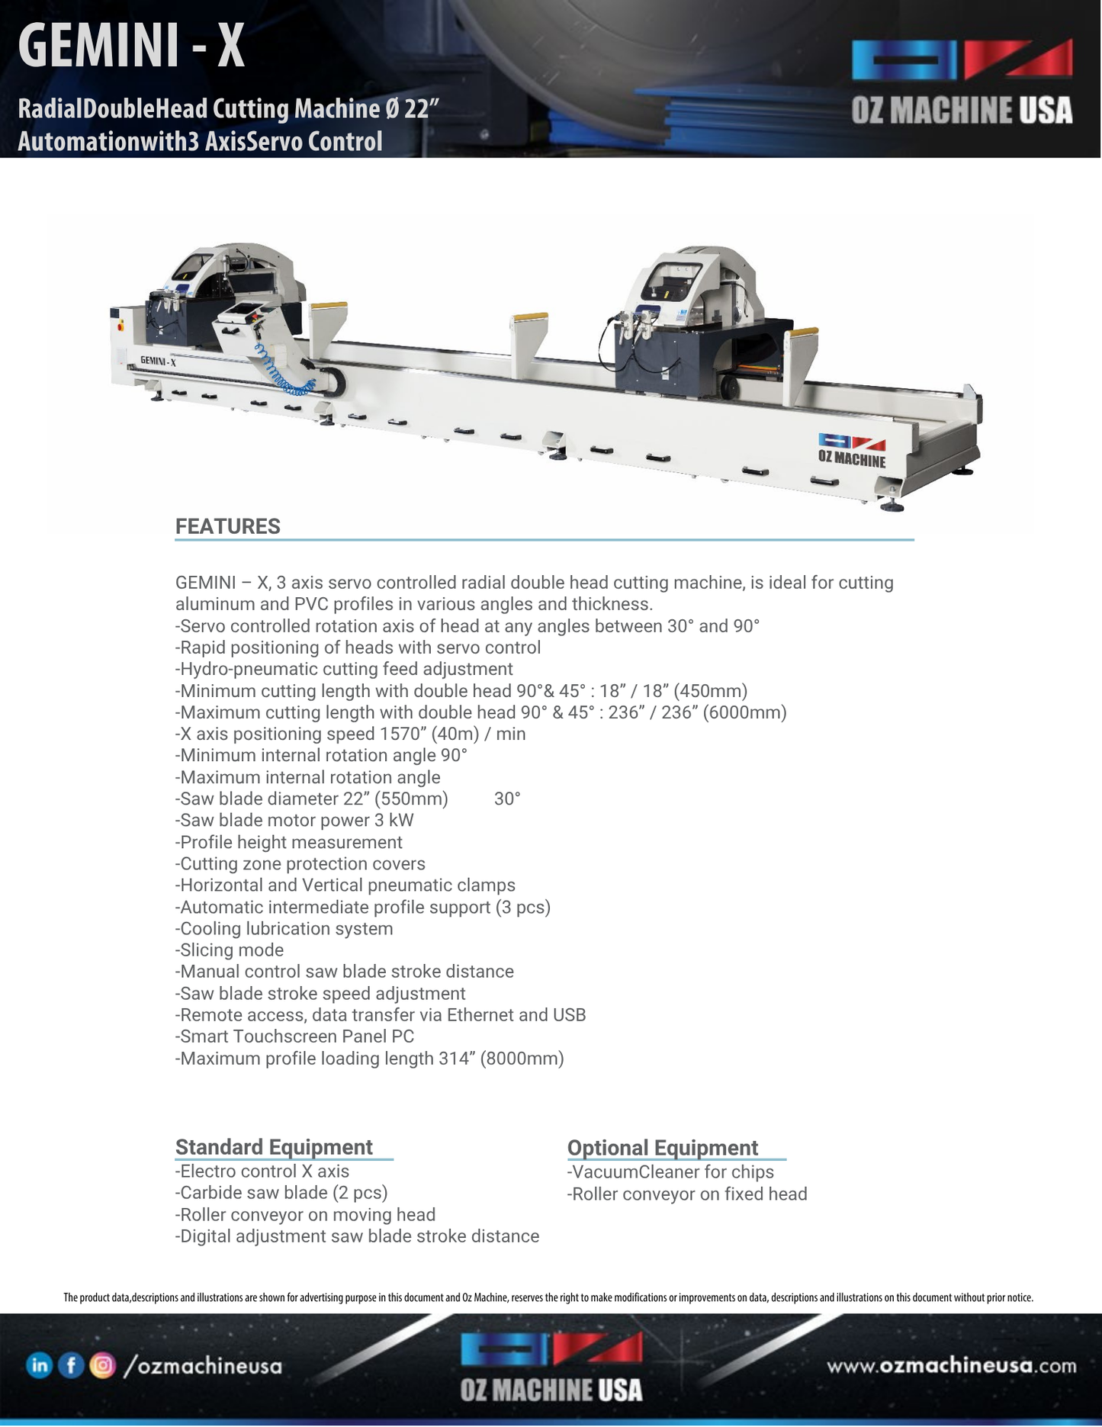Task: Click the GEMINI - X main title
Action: click(131, 46)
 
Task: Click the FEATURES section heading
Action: click(227, 526)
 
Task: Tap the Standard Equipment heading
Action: click(274, 1147)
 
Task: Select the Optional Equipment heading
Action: click(662, 1148)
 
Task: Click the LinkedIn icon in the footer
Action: click(39, 1365)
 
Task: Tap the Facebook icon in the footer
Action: click(70, 1365)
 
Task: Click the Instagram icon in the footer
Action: click(102, 1365)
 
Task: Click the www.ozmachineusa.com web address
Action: click(952, 1365)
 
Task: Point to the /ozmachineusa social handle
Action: click(202, 1366)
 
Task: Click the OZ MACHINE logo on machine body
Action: click(852, 451)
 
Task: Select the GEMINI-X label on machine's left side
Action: click(158, 361)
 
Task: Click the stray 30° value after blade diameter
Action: click(507, 799)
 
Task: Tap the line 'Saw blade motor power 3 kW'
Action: click(294, 821)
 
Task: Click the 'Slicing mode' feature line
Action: click(230, 950)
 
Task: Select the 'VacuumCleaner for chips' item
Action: click(670, 1172)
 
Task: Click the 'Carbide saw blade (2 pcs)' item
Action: click(281, 1193)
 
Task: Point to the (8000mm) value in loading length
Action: click(522, 1059)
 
